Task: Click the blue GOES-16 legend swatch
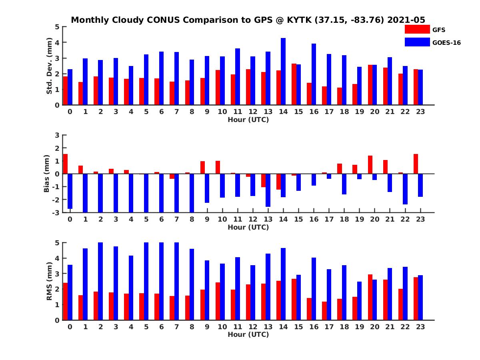click(417, 42)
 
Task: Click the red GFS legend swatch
click(417, 29)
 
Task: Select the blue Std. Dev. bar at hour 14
click(283, 72)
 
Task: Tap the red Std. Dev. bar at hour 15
click(294, 84)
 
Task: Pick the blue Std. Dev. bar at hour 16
click(314, 74)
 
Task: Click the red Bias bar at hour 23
click(416, 164)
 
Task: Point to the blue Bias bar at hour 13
click(268, 190)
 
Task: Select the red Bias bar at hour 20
click(370, 165)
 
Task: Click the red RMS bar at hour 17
click(324, 311)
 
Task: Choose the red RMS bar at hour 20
click(370, 297)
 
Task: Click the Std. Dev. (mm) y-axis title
click(49, 66)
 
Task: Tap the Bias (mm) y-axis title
click(47, 173)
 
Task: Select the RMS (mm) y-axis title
click(49, 281)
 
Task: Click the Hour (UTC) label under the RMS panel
click(248, 334)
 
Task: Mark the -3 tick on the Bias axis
click(57, 212)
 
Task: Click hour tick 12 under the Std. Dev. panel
click(253, 112)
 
